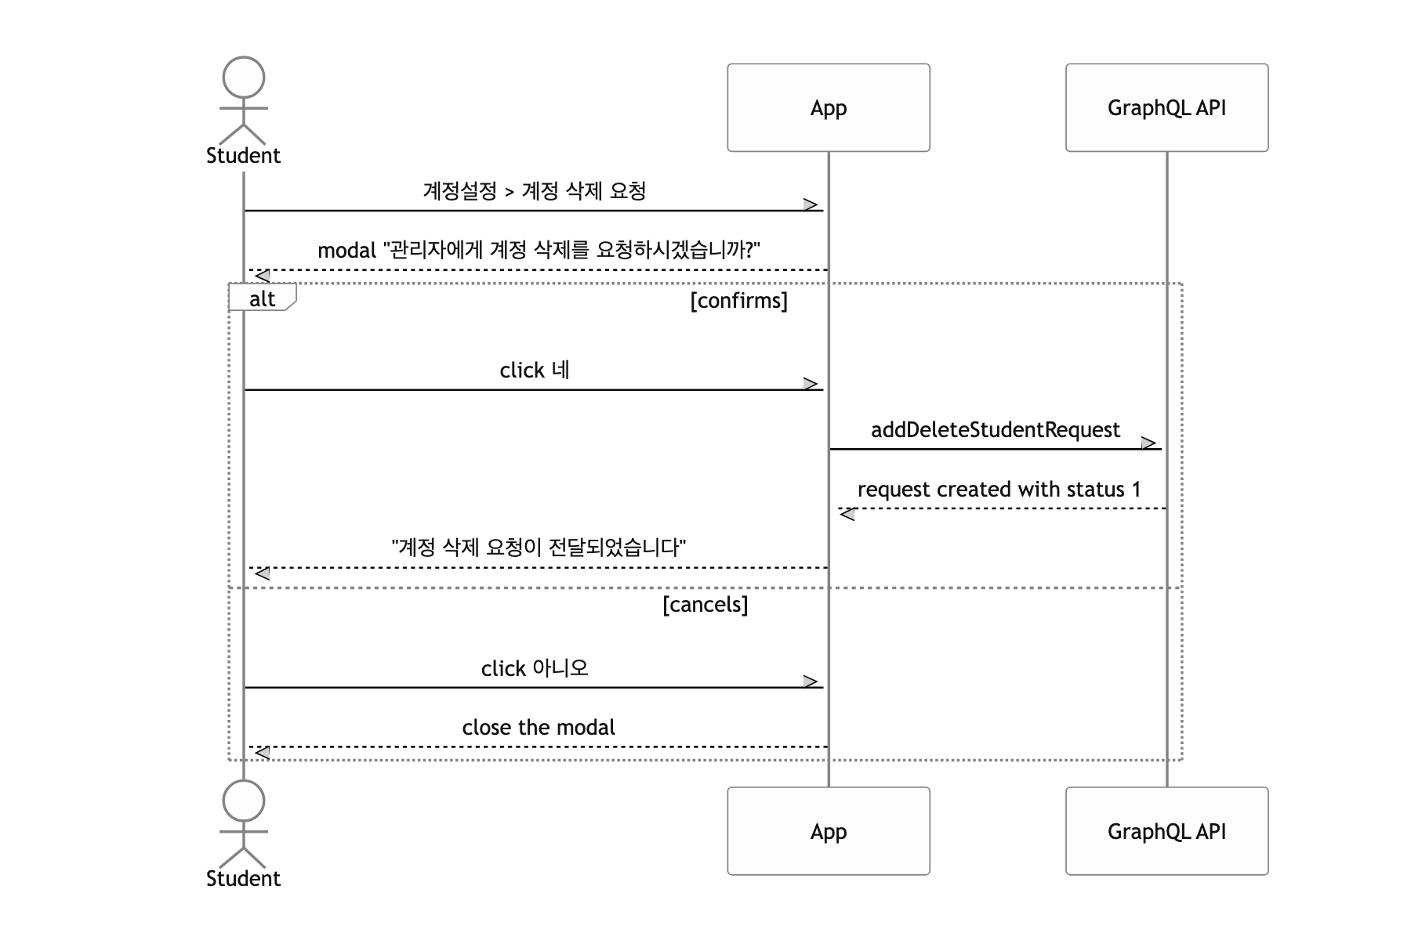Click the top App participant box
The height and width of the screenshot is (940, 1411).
click(829, 107)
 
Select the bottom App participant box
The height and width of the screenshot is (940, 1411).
click(829, 831)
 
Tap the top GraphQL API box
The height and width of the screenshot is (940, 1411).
click(1166, 107)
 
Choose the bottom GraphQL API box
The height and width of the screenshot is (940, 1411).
click(1166, 831)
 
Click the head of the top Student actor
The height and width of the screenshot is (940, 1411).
click(244, 78)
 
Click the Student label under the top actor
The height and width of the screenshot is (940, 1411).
click(243, 155)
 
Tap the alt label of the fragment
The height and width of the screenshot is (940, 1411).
click(262, 298)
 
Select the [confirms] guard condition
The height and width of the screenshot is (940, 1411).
click(739, 301)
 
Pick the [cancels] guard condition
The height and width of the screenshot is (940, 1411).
click(705, 605)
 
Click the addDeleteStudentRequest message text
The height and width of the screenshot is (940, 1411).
click(996, 429)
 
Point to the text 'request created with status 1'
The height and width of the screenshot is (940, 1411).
click(999, 490)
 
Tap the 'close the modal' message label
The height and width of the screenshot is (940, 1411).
click(539, 728)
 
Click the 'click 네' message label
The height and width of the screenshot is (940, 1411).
click(535, 370)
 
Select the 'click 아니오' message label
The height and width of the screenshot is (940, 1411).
click(535, 668)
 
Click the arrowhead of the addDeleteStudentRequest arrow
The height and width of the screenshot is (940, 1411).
click(1149, 443)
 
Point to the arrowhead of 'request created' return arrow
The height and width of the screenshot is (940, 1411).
click(847, 515)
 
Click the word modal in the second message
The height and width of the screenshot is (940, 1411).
click(347, 251)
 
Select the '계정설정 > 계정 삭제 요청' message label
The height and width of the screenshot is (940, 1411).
click(535, 191)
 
